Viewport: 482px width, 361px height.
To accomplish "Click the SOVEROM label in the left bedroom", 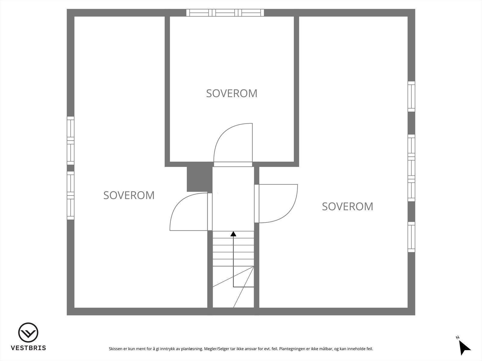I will click(x=129, y=195).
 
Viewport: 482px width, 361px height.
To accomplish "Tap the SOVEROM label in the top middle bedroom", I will click(x=232, y=93).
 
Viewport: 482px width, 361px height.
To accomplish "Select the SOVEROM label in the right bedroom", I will click(x=347, y=206).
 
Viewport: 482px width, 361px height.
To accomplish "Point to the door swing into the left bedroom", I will click(x=189, y=212).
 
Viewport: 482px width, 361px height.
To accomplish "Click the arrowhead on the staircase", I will click(x=233, y=233).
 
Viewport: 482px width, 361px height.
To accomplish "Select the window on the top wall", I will click(x=225, y=13).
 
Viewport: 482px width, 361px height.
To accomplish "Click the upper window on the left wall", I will click(x=70, y=140).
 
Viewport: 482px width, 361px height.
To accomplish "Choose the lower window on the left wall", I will click(x=70, y=196).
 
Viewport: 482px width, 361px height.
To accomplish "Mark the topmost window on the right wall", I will click(x=411, y=96).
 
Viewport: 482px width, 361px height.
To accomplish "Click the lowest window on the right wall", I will click(x=411, y=237).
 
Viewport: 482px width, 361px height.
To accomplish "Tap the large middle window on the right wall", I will click(x=411, y=168).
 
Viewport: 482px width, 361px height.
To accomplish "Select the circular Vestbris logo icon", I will click(x=28, y=333).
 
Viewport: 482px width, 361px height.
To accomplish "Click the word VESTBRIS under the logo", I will click(x=28, y=348).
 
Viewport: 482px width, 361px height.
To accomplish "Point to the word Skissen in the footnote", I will click(x=116, y=349).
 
